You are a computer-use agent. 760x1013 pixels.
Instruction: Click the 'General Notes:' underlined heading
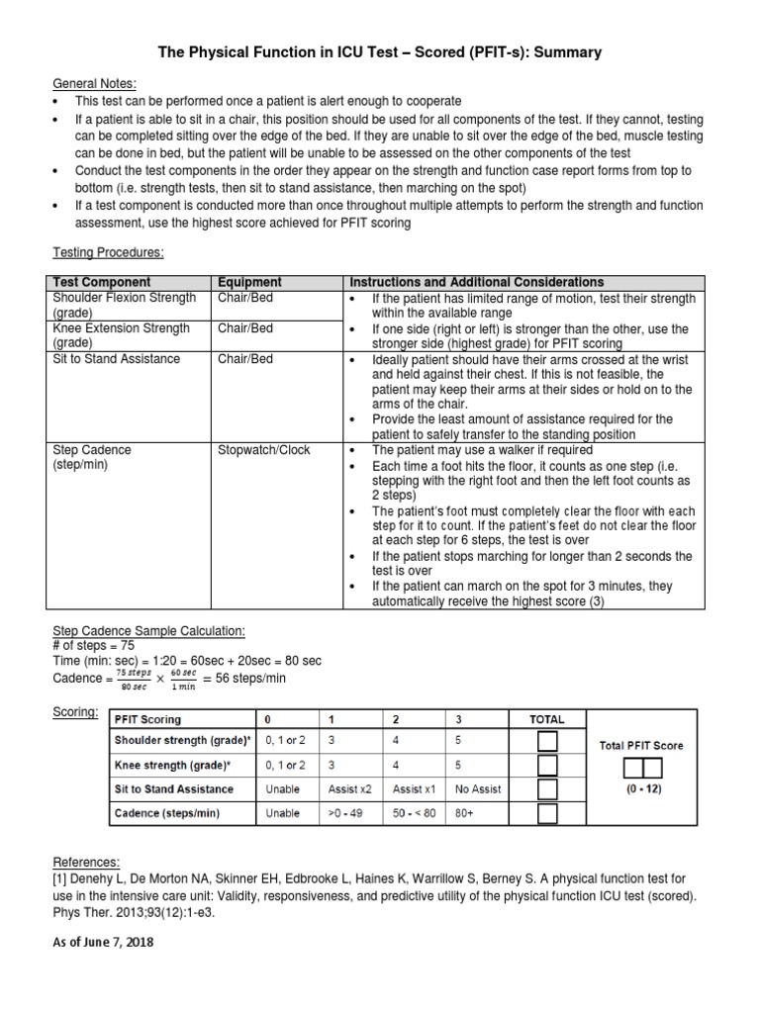[94, 83]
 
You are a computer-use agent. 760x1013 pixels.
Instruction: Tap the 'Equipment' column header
[249, 283]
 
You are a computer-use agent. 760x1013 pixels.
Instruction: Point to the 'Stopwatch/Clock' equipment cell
[263, 450]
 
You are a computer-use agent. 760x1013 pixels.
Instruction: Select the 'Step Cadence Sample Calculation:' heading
[147, 631]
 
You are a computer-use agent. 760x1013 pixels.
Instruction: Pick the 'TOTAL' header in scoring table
[546, 719]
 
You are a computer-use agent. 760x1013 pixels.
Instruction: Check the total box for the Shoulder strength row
[547, 741]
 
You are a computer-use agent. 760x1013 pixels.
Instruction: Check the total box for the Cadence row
[547, 813]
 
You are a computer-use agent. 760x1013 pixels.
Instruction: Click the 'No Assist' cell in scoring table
[476, 789]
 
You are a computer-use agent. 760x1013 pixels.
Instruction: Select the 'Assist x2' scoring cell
[349, 789]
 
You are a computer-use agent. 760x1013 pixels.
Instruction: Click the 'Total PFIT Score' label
[641, 745]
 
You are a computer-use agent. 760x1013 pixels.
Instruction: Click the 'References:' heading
[86, 863]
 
